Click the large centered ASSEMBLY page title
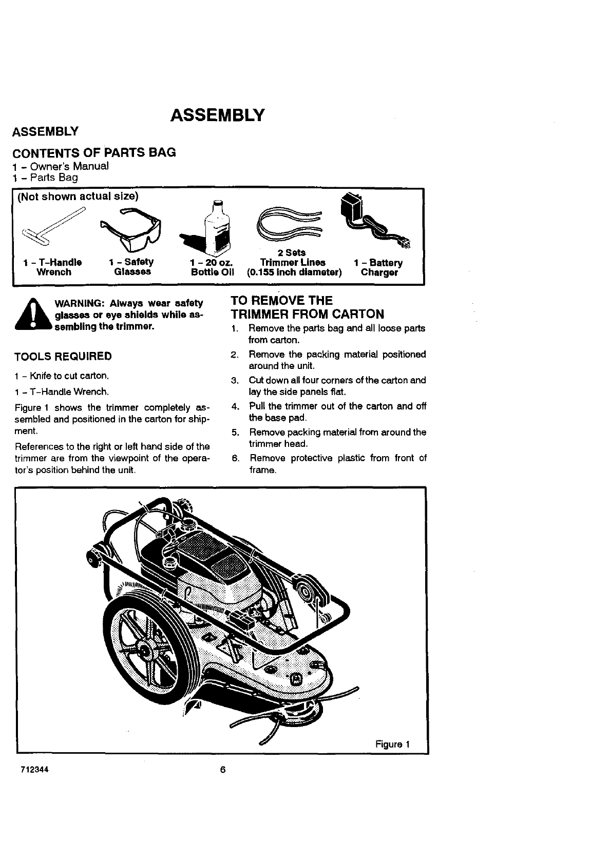(218, 114)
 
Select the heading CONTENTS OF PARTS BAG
(94, 152)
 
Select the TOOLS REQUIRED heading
(63, 356)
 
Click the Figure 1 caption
(392, 744)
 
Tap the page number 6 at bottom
(223, 770)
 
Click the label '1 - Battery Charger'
(379, 267)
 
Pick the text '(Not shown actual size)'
(78, 197)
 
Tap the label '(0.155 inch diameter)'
(294, 272)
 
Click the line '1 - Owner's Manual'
(61, 166)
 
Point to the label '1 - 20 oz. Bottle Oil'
(212, 267)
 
